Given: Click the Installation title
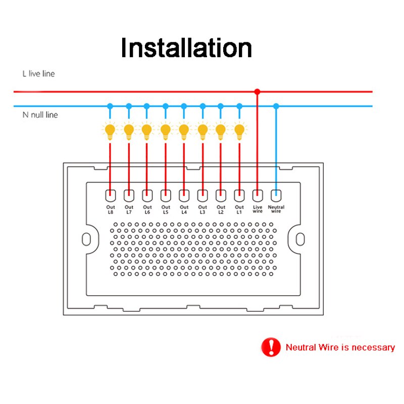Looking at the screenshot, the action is (x=186, y=47).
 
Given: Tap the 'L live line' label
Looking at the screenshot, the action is (x=39, y=74).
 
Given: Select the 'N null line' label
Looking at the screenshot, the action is (x=40, y=115).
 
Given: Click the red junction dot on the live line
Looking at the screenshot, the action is (x=257, y=91).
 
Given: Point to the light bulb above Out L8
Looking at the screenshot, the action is (x=110, y=131).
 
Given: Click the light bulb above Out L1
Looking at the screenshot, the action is (x=239, y=131).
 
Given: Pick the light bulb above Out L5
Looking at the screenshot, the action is (x=166, y=131).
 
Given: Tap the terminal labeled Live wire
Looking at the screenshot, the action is (x=258, y=196).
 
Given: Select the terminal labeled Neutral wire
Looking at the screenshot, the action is (x=276, y=196).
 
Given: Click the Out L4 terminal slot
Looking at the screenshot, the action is (x=184, y=196).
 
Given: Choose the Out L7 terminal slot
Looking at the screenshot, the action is (x=129, y=196).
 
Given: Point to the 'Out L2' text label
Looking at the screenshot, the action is (x=221, y=210).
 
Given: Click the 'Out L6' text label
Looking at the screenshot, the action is (x=147, y=210).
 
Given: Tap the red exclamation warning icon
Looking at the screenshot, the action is (x=271, y=347).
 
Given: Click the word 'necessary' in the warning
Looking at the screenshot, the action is (x=373, y=347).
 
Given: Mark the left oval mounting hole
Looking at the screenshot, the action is (x=86, y=239).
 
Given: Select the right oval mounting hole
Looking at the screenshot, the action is (x=300, y=239).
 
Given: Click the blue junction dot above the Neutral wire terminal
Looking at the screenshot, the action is (x=276, y=106).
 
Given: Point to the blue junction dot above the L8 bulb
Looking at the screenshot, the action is (x=110, y=106).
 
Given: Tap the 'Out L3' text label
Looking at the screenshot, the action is (x=203, y=210).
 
